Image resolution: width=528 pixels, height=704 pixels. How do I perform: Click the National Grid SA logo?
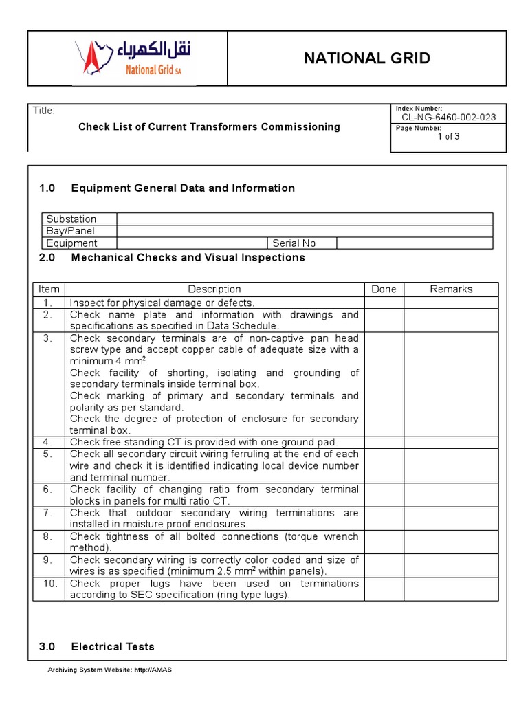click(133, 58)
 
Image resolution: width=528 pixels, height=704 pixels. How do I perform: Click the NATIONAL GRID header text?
click(367, 58)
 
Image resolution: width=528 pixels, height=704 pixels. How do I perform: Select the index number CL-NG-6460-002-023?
click(448, 118)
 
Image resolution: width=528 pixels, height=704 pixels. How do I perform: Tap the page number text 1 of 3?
click(448, 136)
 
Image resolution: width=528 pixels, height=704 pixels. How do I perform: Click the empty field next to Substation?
click(304, 219)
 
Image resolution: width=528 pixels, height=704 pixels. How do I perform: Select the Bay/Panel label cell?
click(79, 231)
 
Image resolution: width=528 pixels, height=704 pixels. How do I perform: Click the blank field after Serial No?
click(414, 243)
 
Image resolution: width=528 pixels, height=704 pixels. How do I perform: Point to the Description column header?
click(214, 289)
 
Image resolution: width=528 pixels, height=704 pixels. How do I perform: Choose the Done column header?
click(384, 289)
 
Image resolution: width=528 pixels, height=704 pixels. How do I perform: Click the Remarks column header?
click(451, 289)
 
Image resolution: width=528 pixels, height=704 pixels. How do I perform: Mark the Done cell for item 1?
click(384, 302)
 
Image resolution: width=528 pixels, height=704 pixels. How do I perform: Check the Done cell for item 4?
click(384, 442)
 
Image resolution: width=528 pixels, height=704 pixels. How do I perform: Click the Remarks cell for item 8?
click(451, 542)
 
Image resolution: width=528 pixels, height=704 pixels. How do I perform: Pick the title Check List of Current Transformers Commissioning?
click(209, 126)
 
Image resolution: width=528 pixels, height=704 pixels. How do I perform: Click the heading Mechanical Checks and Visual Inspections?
click(188, 258)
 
